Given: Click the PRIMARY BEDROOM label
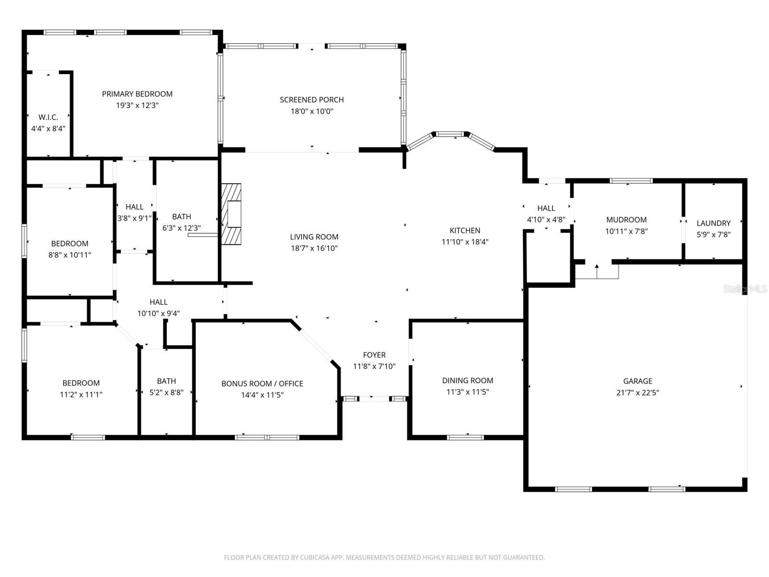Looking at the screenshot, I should point(137,94).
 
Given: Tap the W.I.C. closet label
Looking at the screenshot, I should point(48,117).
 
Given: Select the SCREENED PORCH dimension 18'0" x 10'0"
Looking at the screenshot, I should point(312,111).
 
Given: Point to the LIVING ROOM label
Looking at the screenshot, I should point(314,237).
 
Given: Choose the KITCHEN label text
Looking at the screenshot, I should point(465,230).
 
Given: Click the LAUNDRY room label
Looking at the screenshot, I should point(713,223).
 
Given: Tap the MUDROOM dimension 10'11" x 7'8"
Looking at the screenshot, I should point(626,231).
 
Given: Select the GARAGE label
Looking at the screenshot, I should point(637,381).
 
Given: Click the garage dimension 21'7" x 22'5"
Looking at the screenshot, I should point(637,392).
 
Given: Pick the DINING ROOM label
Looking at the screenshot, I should point(467,380).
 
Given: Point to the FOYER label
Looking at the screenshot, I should point(374,355).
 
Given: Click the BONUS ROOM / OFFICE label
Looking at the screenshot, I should point(262,383).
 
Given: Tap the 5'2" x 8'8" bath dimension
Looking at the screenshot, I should point(166,392).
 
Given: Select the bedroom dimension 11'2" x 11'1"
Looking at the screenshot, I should point(81,394).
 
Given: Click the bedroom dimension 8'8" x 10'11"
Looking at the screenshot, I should point(70,255).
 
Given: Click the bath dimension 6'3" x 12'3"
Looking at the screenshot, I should point(182,228).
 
